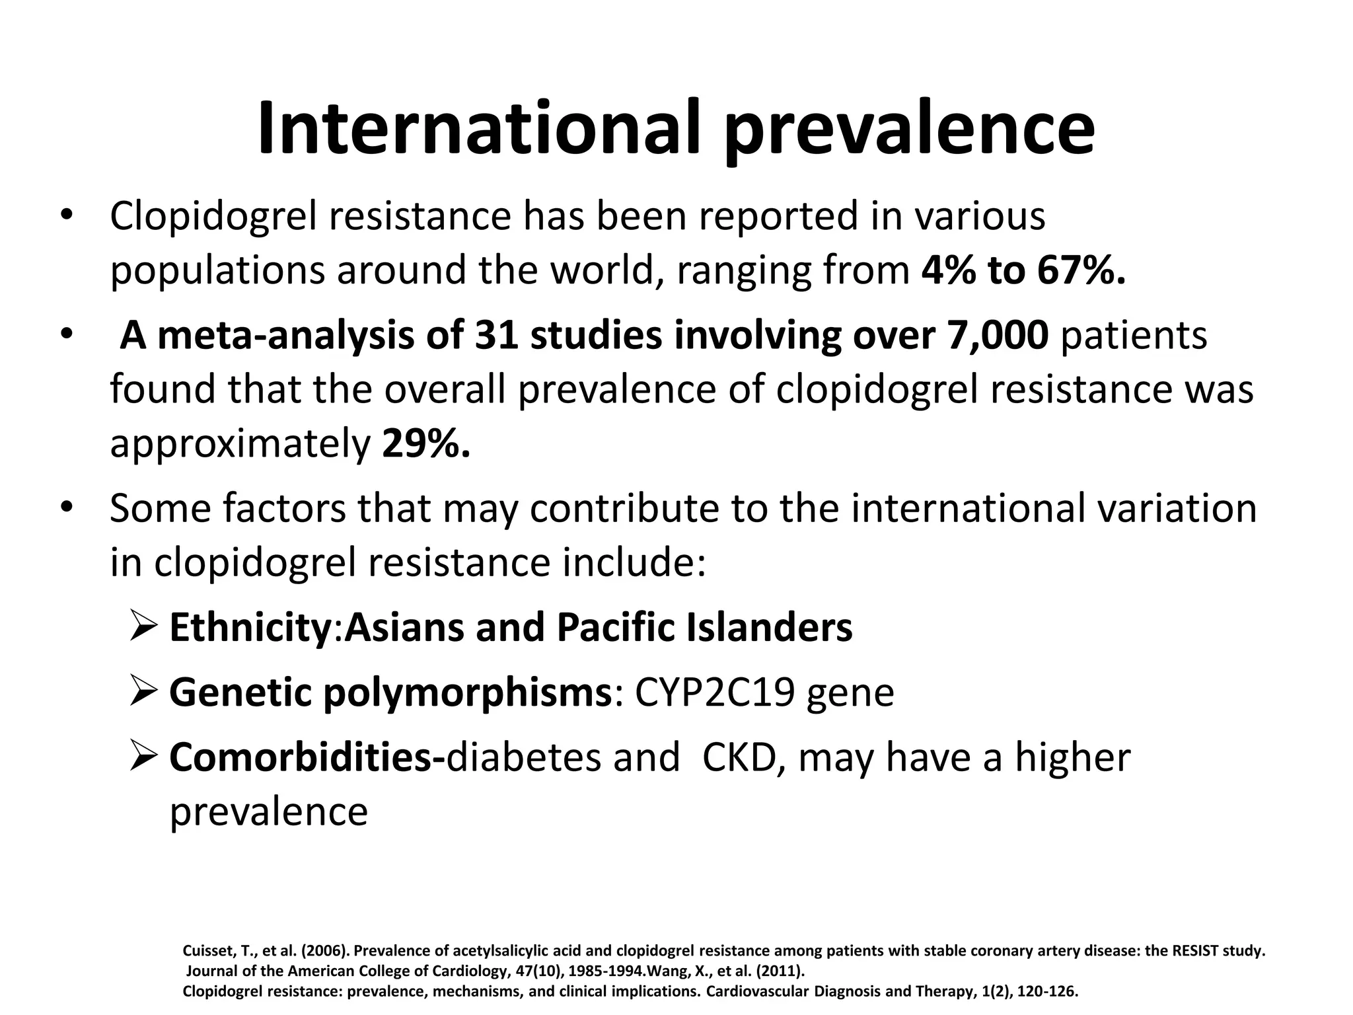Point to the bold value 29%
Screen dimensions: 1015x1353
pos(426,444)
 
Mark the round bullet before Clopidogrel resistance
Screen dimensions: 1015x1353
pos(65,216)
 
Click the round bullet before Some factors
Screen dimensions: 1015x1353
pos(65,508)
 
